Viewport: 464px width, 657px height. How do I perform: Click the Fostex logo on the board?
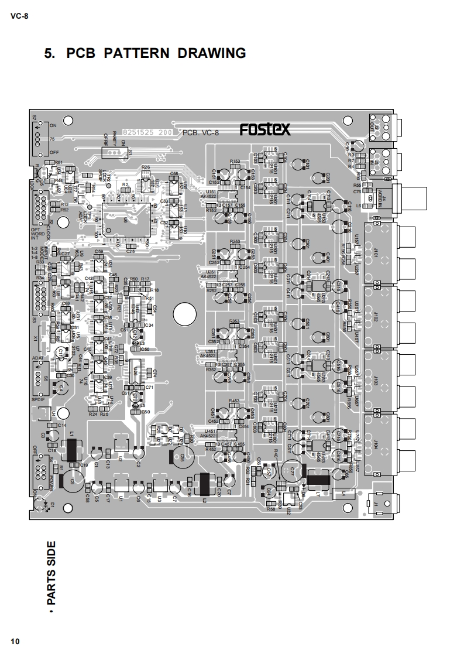[265, 129]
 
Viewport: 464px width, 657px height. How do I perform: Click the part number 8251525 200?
[146, 133]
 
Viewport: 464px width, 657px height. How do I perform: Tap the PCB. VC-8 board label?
[201, 134]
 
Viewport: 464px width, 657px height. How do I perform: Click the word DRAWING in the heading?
[212, 53]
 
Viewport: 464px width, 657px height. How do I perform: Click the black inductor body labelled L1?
[72, 450]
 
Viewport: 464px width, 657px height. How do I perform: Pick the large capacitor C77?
[293, 470]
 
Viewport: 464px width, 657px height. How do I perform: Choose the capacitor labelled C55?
[177, 456]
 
